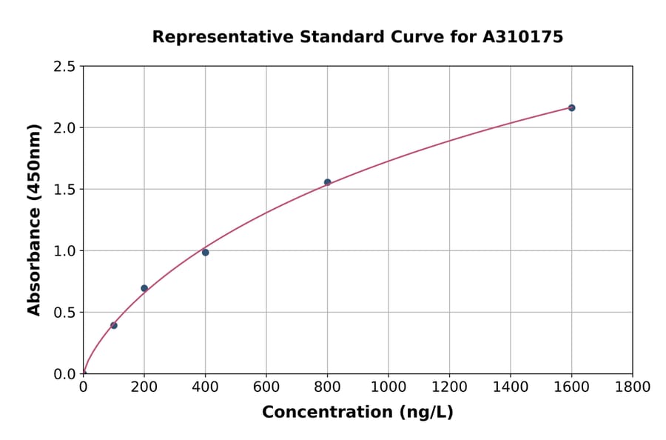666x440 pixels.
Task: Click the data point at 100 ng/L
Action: coord(114,325)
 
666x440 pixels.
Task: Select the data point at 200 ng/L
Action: coord(144,288)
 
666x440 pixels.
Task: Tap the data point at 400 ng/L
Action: coord(205,253)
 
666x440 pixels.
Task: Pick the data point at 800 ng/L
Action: coord(327,182)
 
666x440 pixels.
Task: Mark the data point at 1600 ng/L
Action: coord(571,108)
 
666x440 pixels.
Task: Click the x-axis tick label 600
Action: coord(266,387)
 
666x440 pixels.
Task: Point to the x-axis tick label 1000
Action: coord(388,387)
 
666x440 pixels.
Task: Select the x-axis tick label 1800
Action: coord(632,387)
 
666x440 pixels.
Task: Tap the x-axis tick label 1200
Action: coord(449,387)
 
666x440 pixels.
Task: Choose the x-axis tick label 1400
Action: coord(510,387)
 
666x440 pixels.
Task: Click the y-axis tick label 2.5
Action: coord(64,67)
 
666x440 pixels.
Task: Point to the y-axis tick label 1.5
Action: coord(64,190)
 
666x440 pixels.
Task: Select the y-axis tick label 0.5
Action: coord(64,313)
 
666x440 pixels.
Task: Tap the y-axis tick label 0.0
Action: coord(64,374)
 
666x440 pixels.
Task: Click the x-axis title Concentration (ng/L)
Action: coord(357,413)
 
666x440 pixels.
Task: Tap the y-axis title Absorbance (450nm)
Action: coord(34,220)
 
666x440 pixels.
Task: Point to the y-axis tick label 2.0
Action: coord(64,128)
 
